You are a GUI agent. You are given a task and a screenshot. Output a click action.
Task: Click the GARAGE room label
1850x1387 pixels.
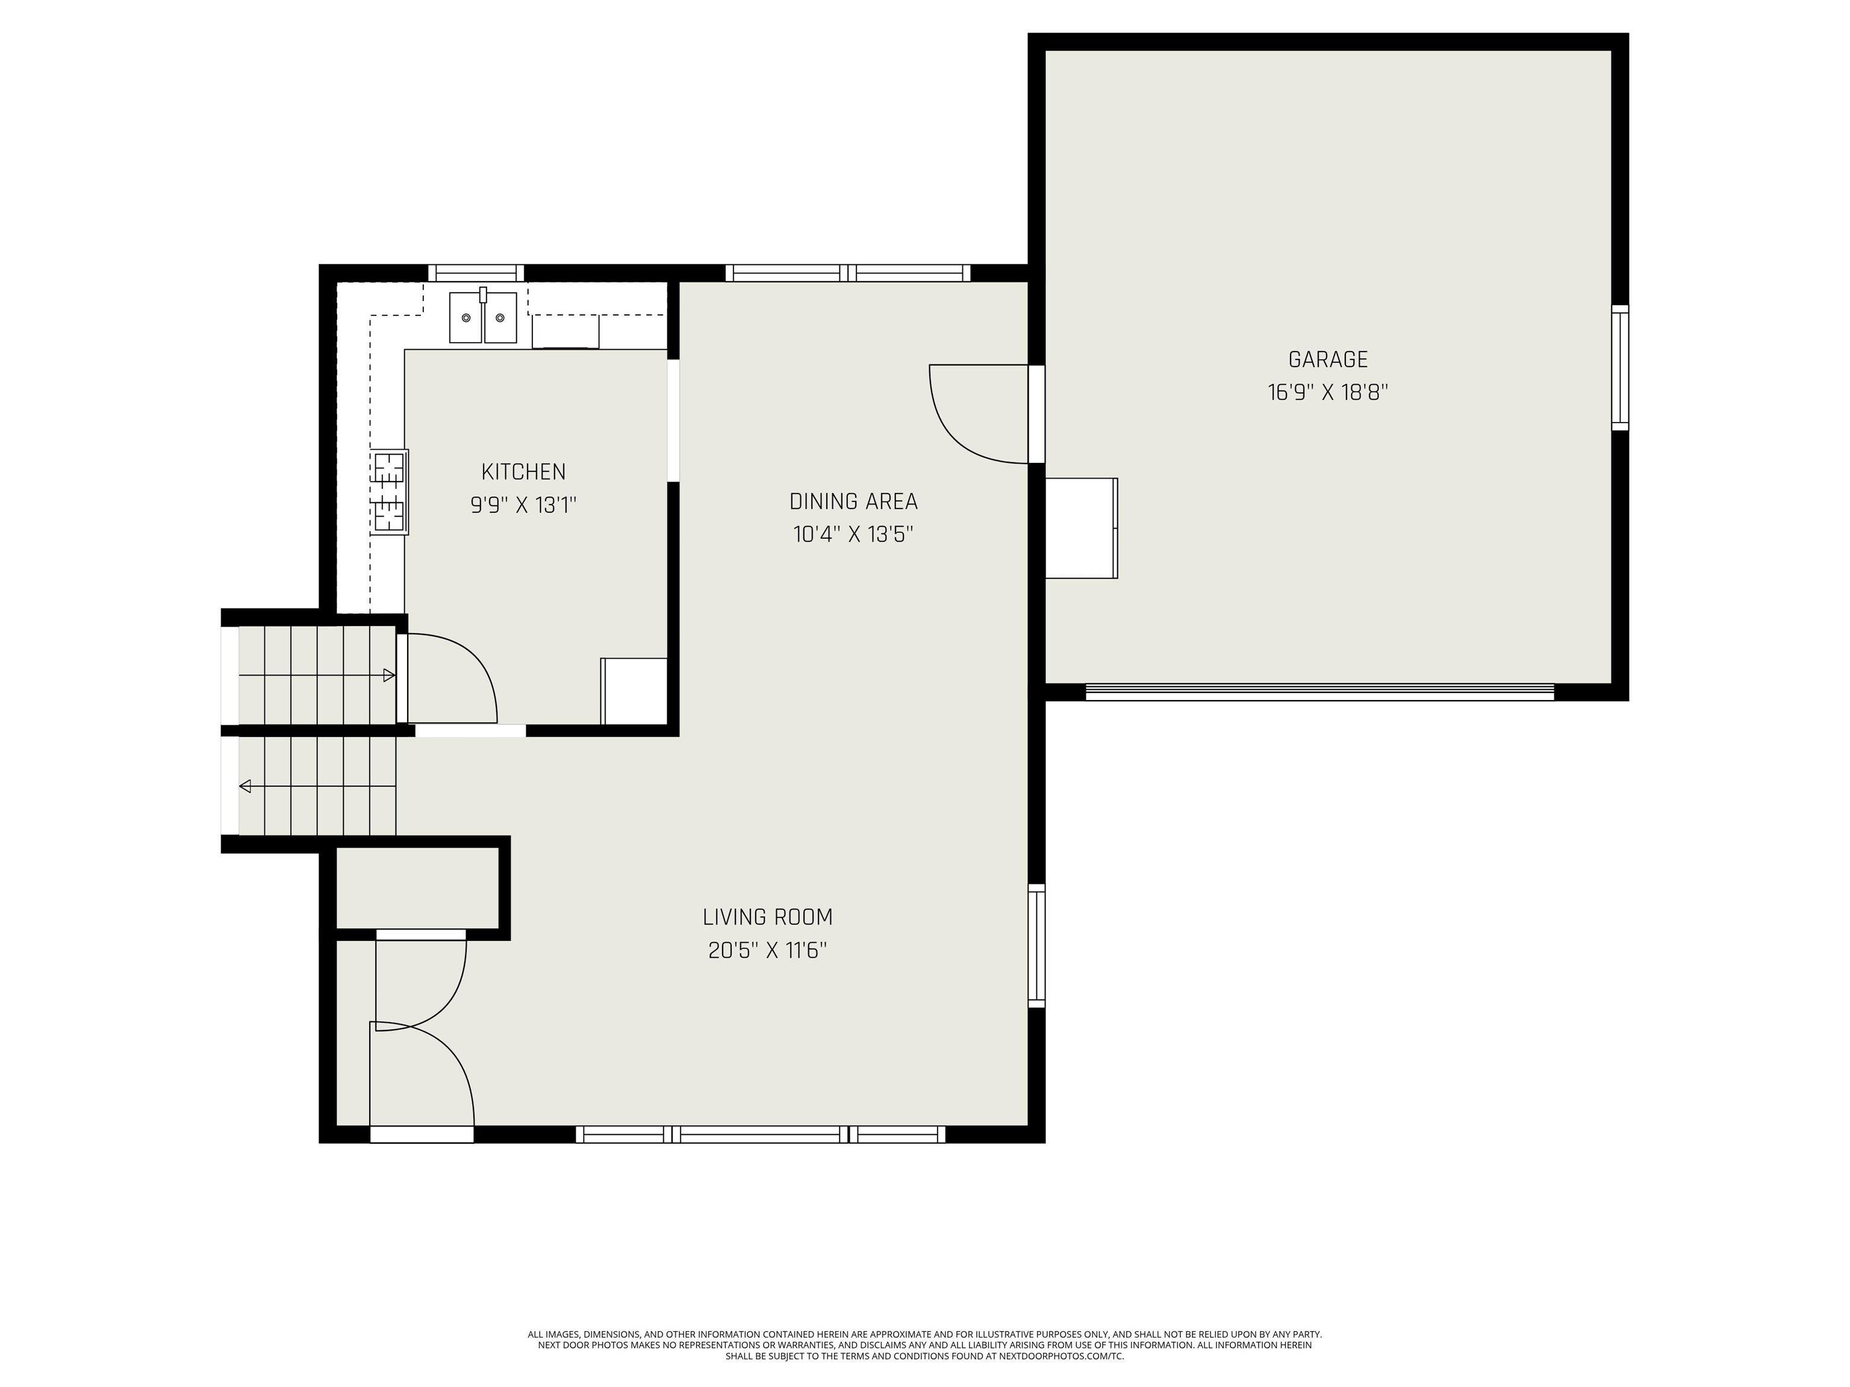(1327, 359)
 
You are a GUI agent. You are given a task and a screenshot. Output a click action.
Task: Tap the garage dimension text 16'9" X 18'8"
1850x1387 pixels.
(1327, 392)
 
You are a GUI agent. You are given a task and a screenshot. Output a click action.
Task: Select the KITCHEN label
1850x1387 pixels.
(523, 471)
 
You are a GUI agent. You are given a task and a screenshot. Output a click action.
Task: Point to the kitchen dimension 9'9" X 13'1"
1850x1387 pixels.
(523, 505)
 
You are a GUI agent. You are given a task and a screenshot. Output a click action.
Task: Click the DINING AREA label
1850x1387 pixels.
(853, 501)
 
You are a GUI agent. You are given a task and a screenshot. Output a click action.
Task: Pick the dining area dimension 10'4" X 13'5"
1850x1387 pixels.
(853, 534)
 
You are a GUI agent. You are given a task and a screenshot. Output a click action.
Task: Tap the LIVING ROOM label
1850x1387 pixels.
(768, 917)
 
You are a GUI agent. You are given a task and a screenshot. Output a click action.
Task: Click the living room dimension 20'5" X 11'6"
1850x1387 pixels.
(768, 951)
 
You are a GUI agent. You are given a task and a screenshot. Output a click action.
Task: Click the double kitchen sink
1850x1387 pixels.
(484, 316)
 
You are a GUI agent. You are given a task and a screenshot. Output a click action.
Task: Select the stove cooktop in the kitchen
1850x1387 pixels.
(390, 492)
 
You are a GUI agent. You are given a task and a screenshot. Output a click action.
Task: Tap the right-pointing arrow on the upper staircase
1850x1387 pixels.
(389, 675)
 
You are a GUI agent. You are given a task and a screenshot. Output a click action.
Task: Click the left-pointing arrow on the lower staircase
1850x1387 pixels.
(246, 786)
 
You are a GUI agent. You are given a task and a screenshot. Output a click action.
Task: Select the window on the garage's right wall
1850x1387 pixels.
(1620, 368)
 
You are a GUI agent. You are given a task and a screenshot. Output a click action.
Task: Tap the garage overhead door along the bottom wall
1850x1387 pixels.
(1320, 692)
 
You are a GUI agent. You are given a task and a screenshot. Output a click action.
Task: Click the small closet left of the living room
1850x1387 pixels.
(417, 888)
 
